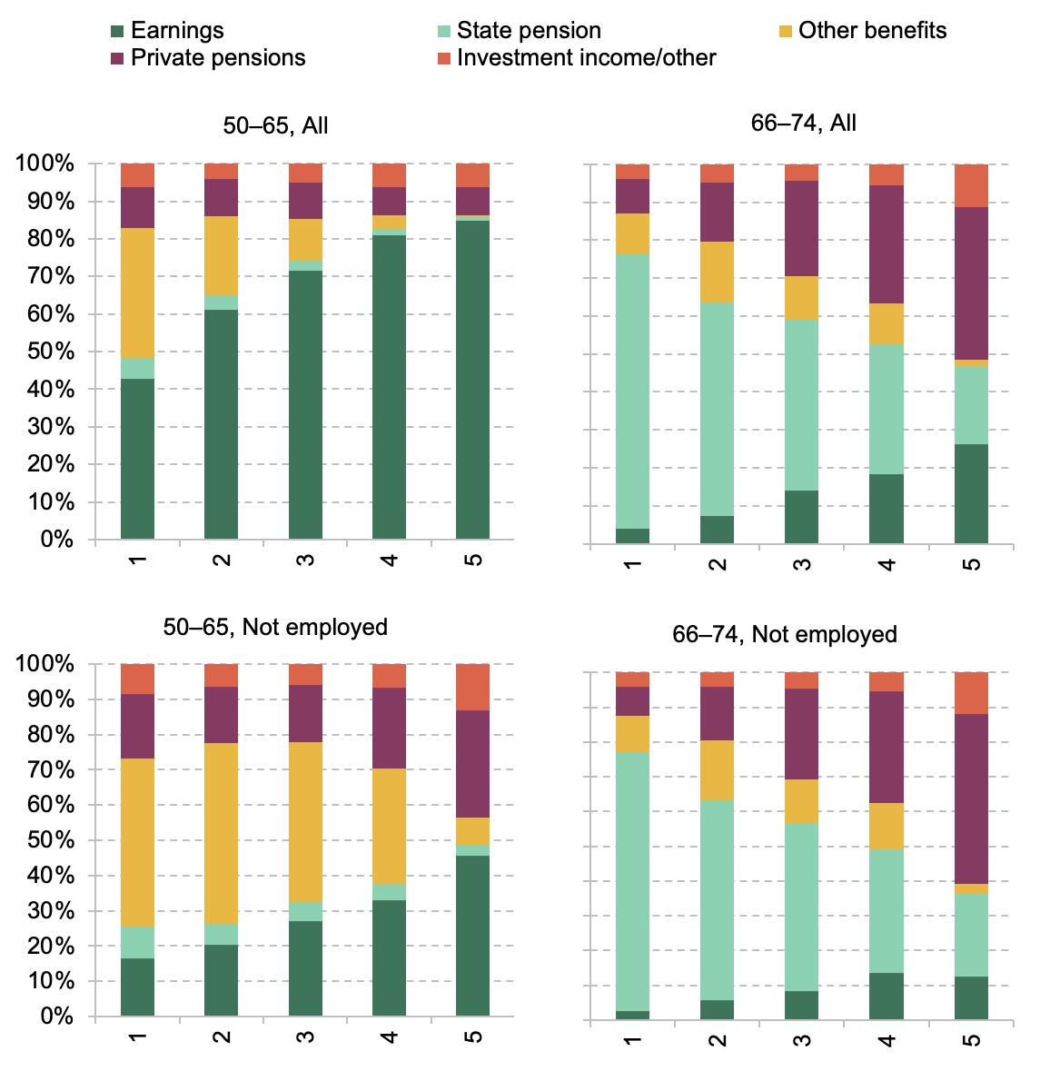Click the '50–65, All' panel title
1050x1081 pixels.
point(275,125)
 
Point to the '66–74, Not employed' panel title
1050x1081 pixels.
point(784,634)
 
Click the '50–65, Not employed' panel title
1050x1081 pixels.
point(275,627)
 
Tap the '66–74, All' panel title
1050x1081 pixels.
point(803,123)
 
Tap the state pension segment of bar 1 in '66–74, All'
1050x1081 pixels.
point(632,391)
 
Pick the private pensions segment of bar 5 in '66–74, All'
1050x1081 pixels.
point(971,283)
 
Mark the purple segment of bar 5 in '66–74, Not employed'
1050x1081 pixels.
point(971,798)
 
